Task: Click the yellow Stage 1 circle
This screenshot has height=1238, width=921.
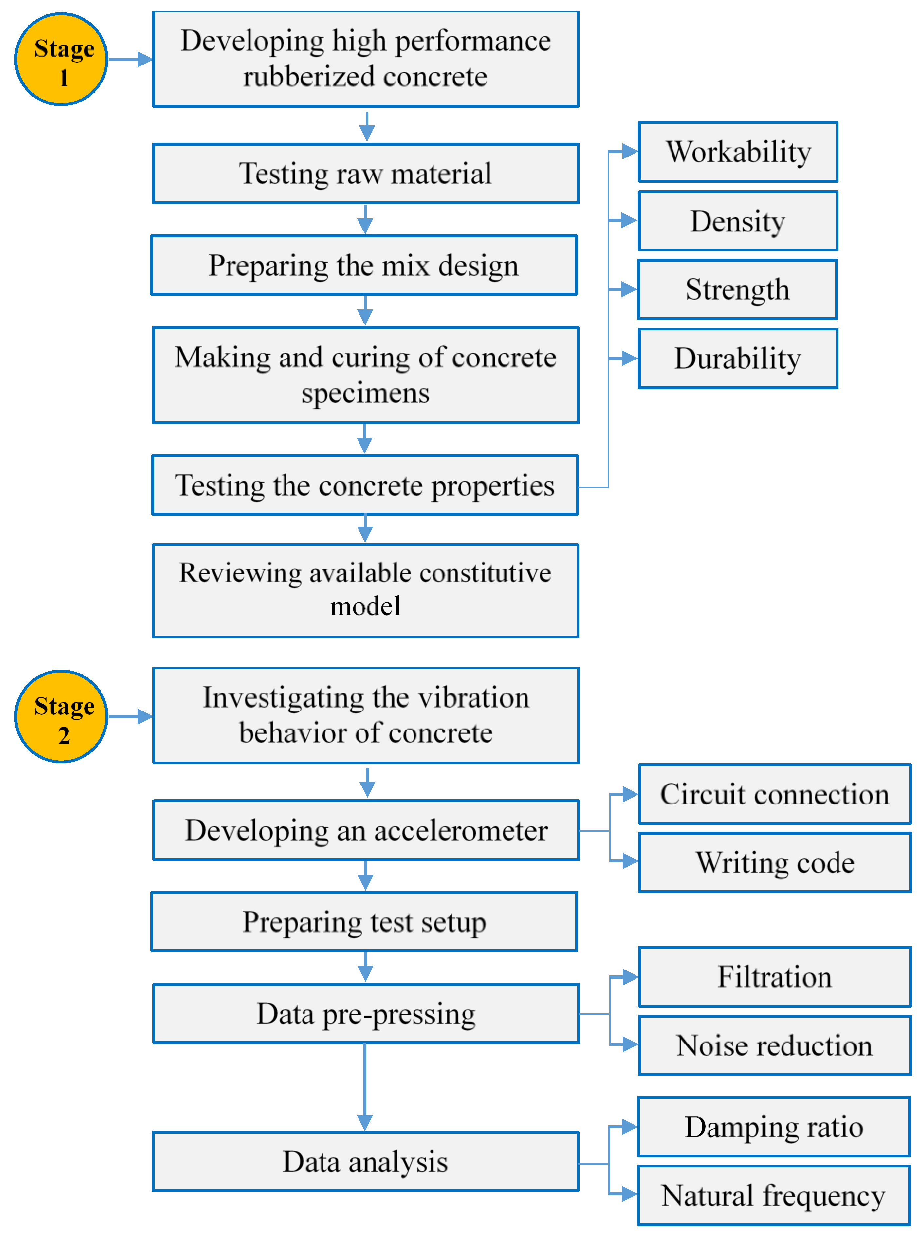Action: point(61,59)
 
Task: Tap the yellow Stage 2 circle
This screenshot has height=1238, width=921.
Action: point(61,716)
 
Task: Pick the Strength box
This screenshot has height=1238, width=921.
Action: point(738,290)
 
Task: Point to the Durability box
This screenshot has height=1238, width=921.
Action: point(738,359)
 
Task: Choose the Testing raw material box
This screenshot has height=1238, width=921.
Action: point(365,173)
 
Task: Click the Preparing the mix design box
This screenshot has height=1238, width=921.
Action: point(363,265)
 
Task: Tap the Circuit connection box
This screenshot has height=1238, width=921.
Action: point(774,794)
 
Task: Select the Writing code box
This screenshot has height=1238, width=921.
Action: point(774,863)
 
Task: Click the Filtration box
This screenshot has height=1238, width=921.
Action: point(774,977)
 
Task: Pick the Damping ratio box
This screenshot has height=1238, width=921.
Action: point(774,1127)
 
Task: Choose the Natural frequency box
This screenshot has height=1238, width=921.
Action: point(774,1196)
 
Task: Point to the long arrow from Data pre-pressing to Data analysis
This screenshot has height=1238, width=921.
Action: point(365,1087)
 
